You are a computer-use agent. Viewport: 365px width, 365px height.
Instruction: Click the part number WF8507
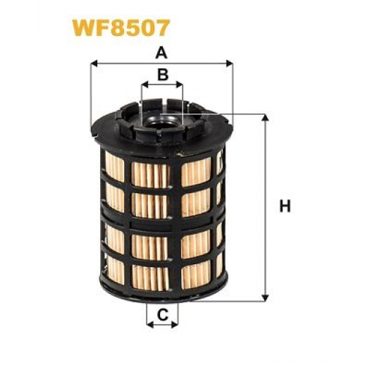point(120,28)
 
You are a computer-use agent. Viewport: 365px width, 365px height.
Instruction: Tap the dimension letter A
point(161,53)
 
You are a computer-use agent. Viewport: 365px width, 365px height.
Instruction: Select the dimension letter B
point(163,74)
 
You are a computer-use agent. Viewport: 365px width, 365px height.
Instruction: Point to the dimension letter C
point(163,315)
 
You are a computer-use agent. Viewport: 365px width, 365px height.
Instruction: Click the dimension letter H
point(285,206)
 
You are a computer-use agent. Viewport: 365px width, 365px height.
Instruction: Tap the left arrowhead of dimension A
point(94,63)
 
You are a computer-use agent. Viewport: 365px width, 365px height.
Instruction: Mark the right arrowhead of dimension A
point(230,63)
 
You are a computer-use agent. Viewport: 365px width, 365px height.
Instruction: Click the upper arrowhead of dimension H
point(266,118)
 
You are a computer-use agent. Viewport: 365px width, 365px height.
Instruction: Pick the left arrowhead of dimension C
point(150,325)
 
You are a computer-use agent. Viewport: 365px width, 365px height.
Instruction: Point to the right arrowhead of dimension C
point(175,325)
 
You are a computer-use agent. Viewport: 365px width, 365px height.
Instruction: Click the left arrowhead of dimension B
point(145,85)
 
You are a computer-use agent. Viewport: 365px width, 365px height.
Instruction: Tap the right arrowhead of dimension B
point(180,85)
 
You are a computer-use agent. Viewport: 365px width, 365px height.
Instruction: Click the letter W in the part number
point(84,28)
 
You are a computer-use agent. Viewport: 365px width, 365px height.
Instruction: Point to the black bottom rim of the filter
point(163,290)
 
